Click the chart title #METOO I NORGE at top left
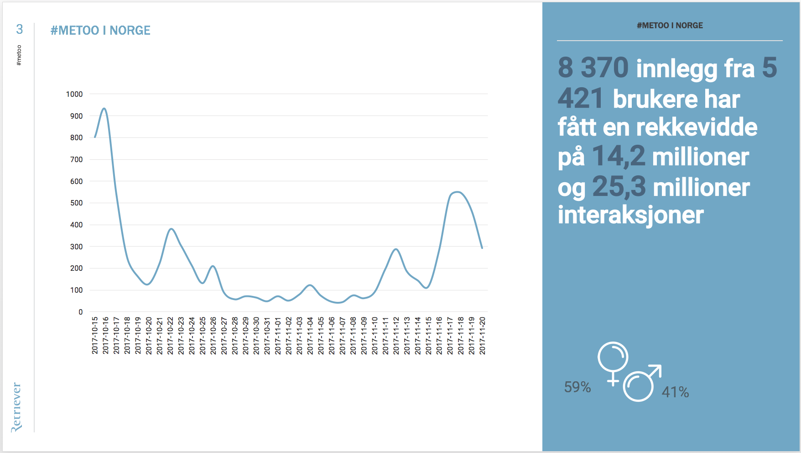pos(100,31)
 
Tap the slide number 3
pos(19,29)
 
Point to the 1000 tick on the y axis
pos(74,94)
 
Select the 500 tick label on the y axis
pos(76,203)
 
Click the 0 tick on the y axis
pos(81,312)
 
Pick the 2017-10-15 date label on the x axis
pos(95,335)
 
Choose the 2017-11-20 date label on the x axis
pos(483,335)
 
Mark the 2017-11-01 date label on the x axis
pos(278,335)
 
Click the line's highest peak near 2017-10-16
pos(104,108)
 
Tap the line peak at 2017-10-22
pos(171,228)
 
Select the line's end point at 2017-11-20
pos(482,248)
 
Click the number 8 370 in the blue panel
pos(593,68)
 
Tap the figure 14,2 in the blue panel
pos(619,156)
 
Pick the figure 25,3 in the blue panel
pos(619,186)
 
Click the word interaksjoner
pos(630,215)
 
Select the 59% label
pos(577,387)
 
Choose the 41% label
pos(675,392)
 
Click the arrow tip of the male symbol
pos(660,366)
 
